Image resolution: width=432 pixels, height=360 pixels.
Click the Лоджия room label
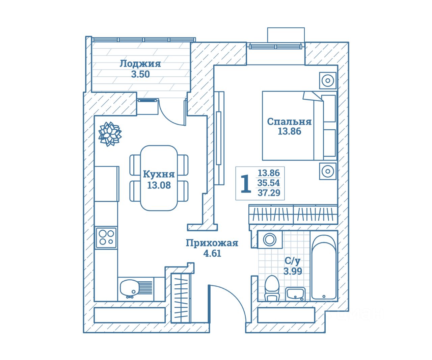coord(140,63)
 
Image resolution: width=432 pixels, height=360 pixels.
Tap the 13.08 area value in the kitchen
coord(159,185)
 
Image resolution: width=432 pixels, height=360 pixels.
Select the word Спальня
coord(289,122)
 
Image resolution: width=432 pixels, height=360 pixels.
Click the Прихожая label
coord(212,243)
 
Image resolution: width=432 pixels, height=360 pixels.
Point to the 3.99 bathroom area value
coord(293,271)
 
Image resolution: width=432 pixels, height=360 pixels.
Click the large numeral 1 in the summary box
coord(246,184)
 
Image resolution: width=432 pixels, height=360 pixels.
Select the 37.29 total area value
coord(269,193)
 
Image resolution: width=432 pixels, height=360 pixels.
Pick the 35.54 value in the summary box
coord(269,183)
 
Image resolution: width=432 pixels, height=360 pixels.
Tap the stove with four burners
coord(106,237)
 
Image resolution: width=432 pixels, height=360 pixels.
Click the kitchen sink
coord(129,288)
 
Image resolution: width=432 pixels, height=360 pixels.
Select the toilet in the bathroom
coord(272,288)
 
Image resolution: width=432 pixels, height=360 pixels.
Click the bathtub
coord(324,267)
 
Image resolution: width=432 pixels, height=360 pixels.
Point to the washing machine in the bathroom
coord(269,239)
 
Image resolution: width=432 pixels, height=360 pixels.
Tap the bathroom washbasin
coord(295,293)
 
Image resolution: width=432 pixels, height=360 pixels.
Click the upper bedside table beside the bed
coord(328,81)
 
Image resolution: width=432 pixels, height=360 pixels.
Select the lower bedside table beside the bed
coord(328,171)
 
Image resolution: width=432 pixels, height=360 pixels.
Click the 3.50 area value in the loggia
coord(140,74)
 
